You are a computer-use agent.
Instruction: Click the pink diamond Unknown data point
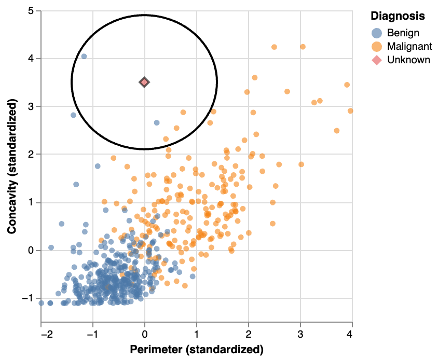[144, 82]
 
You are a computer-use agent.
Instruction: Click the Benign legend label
[403, 33]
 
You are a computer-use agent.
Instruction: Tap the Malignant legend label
[409, 46]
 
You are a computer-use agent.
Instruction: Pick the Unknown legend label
[408, 60]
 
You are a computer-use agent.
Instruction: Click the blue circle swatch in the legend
[377, 33]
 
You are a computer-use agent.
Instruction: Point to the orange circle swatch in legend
[377, 46]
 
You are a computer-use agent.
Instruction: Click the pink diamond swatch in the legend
[377, 60]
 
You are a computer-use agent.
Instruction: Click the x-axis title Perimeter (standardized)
[196, 349]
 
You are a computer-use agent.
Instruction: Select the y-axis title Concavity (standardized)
[12, 167]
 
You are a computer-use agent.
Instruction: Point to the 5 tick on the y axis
[31, 10]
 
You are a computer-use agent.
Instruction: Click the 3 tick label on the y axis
[31, 106]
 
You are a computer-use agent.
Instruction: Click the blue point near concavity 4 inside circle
[84, 57]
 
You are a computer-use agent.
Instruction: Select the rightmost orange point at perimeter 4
[350, 110]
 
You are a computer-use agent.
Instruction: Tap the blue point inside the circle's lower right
[157, 123]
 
